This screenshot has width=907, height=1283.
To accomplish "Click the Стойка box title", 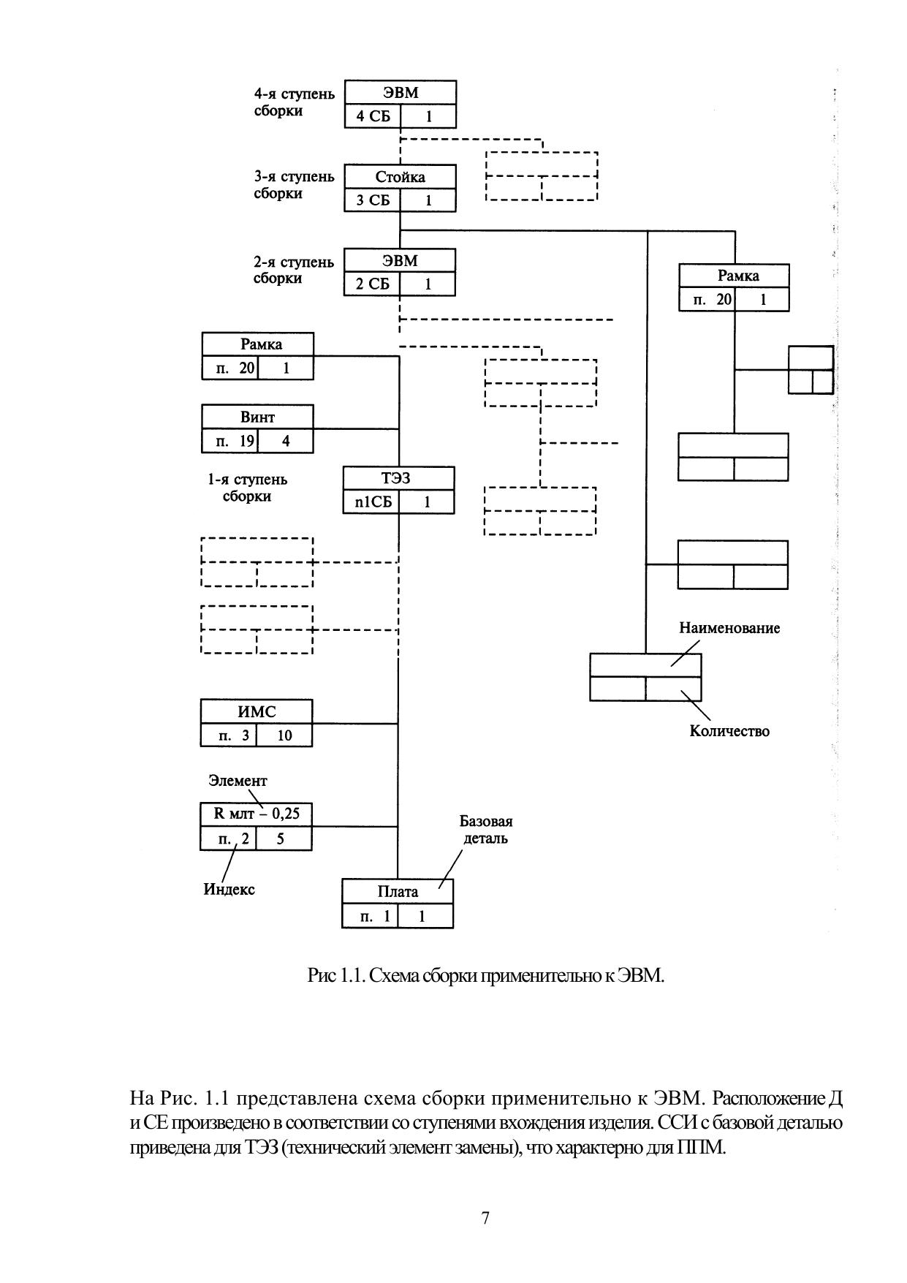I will (400, 177).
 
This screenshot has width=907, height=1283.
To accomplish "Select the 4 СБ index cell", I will (373, 116).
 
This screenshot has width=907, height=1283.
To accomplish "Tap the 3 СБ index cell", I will (373, 200).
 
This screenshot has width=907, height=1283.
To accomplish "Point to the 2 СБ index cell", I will (372, 284).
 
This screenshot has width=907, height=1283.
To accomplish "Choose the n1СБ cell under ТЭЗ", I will (372, 502).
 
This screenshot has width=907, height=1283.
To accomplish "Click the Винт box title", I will (257, 417).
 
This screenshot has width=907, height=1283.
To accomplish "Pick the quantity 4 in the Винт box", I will (286, 441).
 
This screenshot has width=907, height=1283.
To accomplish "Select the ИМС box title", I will (257, 711).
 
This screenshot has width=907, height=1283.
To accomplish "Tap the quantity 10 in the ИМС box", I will (284, 735).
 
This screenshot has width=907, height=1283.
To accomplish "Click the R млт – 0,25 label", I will (256, 814).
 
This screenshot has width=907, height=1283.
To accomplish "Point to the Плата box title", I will (398, 891).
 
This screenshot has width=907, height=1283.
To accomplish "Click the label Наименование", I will (729, 628).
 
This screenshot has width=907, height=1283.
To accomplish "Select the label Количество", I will (729, 731).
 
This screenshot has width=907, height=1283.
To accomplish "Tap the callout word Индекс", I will (229, 889).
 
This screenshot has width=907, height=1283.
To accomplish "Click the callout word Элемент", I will (238, 780).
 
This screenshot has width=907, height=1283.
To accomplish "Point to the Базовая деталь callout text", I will (486, 830).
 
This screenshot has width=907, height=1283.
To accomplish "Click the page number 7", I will (485, 1218).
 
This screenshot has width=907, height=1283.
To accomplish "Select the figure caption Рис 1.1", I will (486, 975).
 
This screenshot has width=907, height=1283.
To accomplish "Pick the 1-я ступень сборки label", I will (247, 488).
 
